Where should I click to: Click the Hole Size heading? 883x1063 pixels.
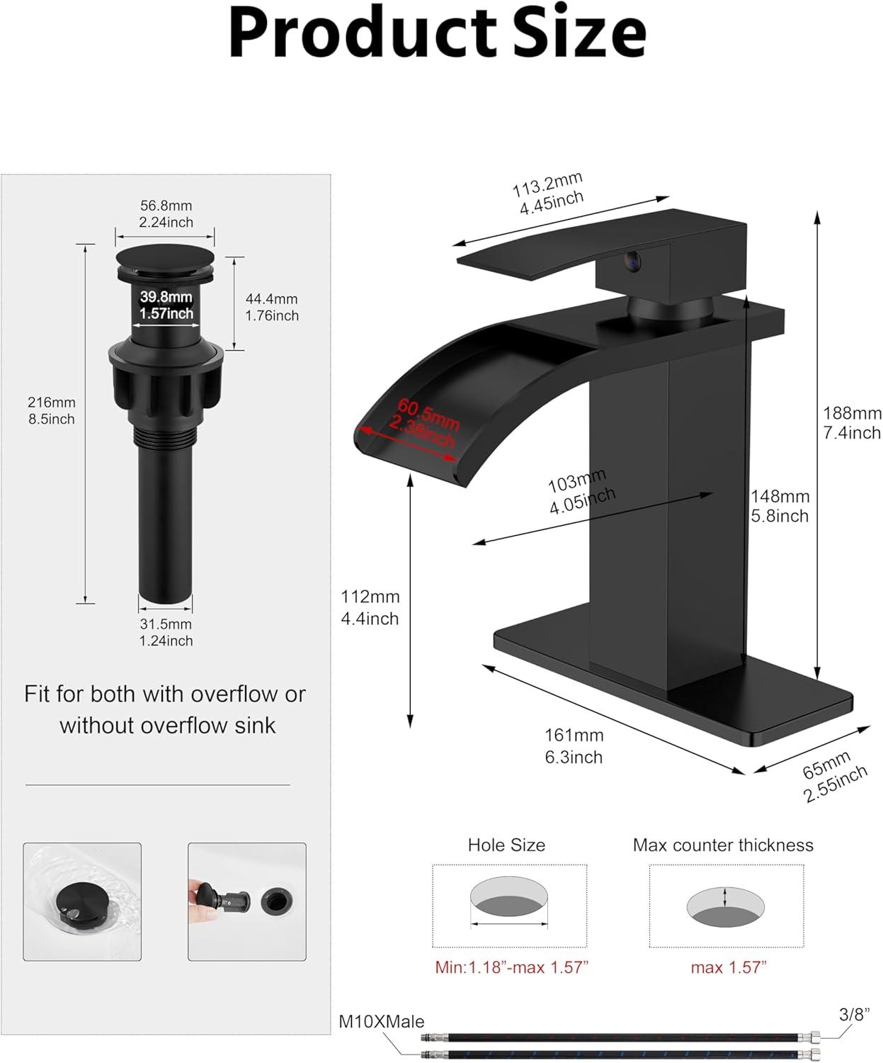[506, 845]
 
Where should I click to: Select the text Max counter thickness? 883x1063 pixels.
[723, 845]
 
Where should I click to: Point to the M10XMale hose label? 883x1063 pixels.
[381, 1021]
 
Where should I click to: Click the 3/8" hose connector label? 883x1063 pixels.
[855, 1014]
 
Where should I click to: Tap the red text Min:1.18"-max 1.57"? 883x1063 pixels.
[511, 967]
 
